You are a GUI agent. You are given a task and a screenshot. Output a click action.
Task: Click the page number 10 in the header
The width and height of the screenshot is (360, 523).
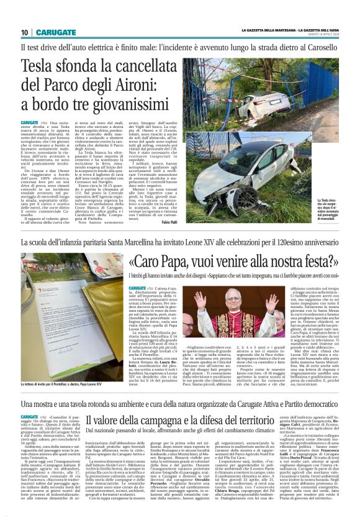click(25, 32)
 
